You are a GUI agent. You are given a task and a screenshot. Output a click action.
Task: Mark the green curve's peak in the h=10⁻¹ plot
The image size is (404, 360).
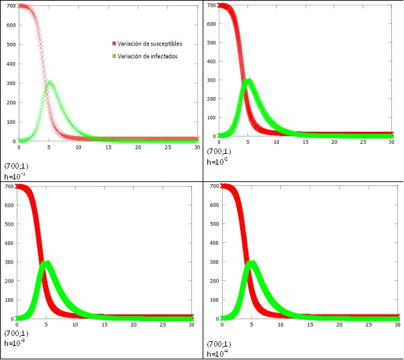49,82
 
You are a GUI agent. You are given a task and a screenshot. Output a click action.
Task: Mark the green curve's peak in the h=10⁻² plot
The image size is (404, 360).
249,82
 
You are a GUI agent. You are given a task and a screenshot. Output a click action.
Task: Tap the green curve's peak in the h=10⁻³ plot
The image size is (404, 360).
46,262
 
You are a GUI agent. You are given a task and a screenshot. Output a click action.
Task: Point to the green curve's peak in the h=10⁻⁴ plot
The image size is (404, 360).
251,262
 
